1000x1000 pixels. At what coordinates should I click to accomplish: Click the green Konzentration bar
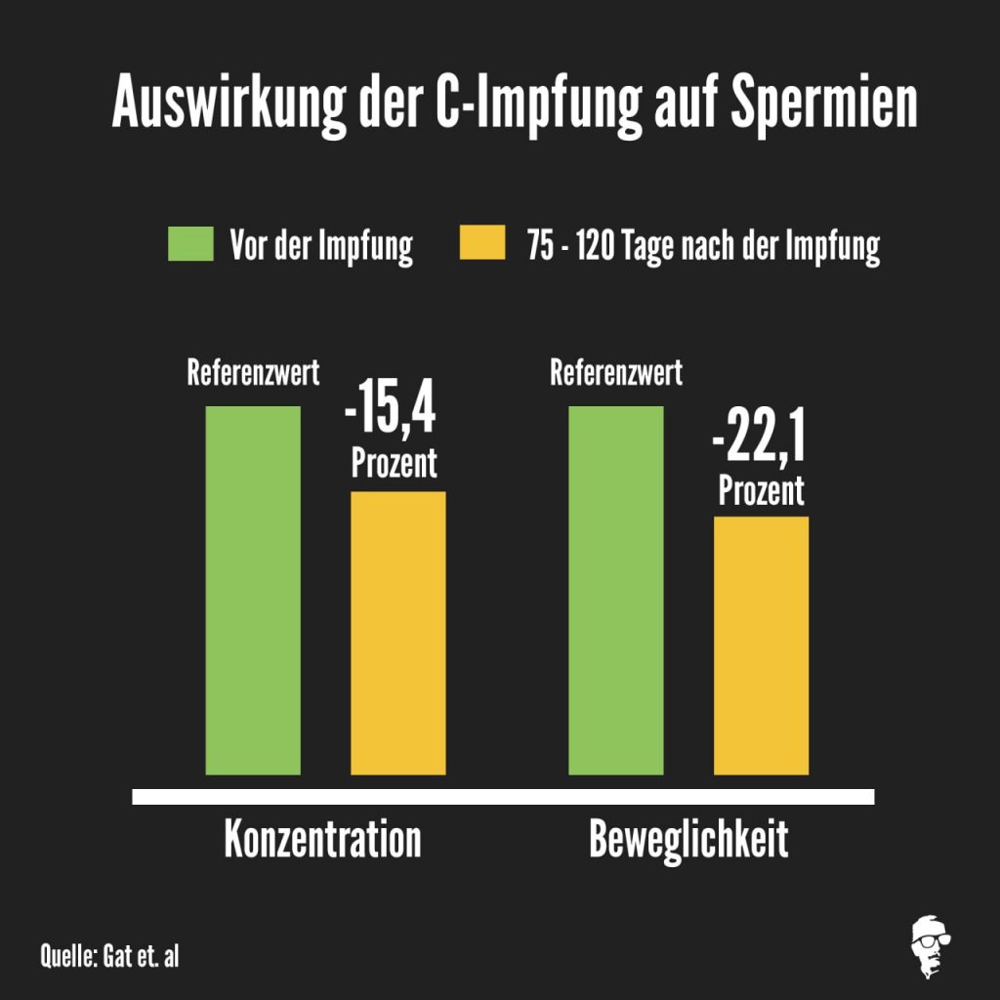click(253, 591)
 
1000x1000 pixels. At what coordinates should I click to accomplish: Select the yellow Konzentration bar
click(398, 633)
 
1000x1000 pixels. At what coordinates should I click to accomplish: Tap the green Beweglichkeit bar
click(616, 591)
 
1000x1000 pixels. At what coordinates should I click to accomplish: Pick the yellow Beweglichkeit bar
click(761, 646)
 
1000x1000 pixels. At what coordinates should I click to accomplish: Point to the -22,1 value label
click(759, 436)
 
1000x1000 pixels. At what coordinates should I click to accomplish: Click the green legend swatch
click(190, 243)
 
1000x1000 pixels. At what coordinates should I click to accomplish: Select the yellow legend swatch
click(482, 242)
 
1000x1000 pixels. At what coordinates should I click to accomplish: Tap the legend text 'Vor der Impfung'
click(321, 246)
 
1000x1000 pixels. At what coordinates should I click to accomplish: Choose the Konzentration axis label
click(322, 839)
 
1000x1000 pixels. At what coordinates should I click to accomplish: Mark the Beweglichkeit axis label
click(688, 840)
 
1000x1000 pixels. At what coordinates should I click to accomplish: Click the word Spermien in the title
click(824, 104)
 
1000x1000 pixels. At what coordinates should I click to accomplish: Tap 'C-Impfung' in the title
click(539, 104)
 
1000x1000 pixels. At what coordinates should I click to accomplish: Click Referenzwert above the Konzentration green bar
click(253, 372)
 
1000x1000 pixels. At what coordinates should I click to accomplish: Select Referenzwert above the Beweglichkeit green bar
click(616, 372)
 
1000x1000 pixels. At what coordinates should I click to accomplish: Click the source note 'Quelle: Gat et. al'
click(109, 956)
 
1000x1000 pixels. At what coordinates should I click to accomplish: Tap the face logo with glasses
click(931, 946)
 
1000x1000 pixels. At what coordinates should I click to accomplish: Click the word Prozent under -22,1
click(761, 490)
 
